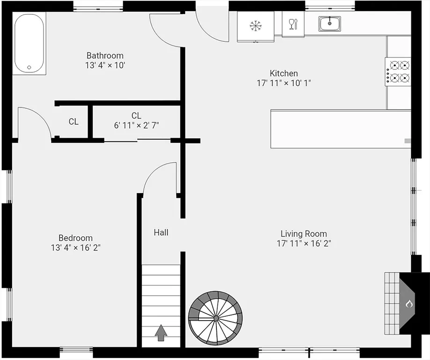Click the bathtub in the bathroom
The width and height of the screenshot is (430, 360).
tap(29, 43)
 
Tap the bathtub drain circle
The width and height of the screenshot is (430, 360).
tap(29, 67)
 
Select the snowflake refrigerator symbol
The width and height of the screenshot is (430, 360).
tap(256, 26)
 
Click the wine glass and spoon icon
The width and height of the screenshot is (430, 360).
tap(293, 24)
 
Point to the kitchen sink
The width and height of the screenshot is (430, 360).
tap(330, 23)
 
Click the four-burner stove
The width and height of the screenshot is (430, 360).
tap(398, 72)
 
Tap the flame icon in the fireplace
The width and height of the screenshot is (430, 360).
tap(409, 304)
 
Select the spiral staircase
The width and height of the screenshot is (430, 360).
tap(215, 318)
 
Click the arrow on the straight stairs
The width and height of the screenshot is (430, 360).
tap(161, 333)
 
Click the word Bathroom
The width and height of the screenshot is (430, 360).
tap(105, 55)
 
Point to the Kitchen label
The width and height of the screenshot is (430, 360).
tap(284, 73)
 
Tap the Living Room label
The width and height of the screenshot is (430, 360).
tap(304, 234)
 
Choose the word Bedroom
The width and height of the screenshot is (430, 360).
tap(75, 238)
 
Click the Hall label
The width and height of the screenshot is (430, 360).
tap(161, 232)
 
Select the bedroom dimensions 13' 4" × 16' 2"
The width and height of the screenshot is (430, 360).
tap(76, 247)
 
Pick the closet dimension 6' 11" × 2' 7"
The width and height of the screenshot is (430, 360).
tap(136, 126)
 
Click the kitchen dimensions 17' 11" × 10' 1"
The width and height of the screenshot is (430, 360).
tap(284, 83)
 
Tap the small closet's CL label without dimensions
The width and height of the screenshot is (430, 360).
tap(74, 121)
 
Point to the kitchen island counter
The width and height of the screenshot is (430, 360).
tap(341, 129)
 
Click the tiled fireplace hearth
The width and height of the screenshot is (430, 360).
tap(392, 303)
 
